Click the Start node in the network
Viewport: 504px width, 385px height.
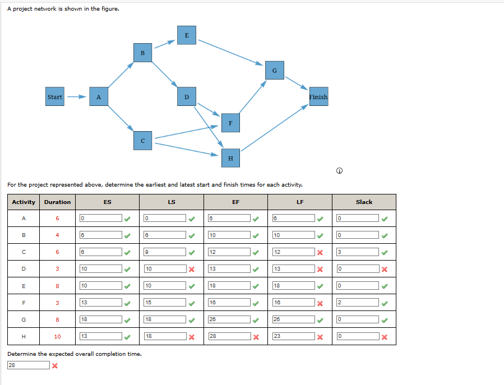point(55,96)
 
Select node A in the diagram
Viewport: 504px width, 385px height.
point(99,96)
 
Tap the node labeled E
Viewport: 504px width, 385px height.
point(186,35)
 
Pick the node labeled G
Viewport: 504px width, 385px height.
point(274,70)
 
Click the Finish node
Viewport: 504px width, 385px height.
point(318,96)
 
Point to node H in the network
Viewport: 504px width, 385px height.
point(230,158)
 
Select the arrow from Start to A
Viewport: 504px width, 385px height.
point(76,96)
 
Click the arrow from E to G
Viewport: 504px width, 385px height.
point(230,52)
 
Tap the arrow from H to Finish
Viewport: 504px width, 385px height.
point(274,128)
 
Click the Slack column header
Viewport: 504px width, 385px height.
point(364,202)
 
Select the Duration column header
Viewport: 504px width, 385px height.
point(57,202)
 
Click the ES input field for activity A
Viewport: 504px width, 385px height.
point(101,219)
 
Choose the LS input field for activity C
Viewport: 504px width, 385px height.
point(165,252)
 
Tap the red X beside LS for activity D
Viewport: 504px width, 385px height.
point(192,269)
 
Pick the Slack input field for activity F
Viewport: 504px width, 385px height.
point(357,303)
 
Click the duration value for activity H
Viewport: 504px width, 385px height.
point(57,337)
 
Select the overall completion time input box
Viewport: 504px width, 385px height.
point(29,365)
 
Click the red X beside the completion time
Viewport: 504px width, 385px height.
point(55,365)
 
